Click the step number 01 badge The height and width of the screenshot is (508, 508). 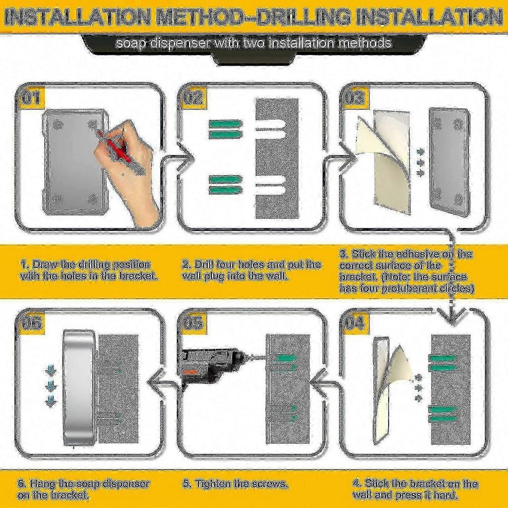pos(31,98)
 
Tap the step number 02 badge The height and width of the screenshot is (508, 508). pos(193,98)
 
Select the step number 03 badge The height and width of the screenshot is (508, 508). pos(355,98)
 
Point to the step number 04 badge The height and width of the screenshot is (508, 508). pos(355,323)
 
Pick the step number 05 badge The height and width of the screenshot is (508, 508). pos(193,323)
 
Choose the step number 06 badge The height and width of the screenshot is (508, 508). pos(31,323)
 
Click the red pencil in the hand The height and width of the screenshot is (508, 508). pos(115,146)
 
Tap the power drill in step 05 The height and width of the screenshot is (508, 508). pos(215,366)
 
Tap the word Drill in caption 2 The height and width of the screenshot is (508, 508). pos(204,264)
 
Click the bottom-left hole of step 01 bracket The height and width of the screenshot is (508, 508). pos(58,198)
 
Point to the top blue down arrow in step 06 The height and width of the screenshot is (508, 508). pos(51,370)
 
